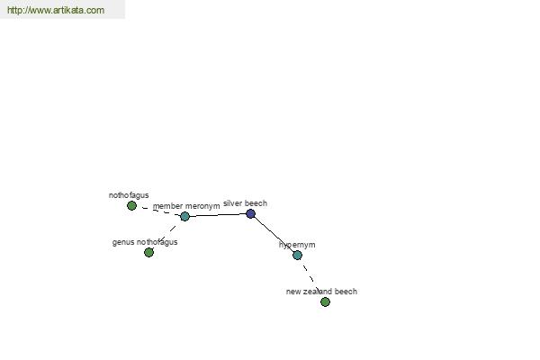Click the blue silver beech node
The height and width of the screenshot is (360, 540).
pos(251,214)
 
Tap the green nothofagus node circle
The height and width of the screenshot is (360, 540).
pos(131,206)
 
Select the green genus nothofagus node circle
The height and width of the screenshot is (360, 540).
pos(148,253)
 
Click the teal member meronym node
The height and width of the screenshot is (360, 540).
pos(184,216)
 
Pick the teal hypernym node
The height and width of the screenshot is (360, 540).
pos(297,256)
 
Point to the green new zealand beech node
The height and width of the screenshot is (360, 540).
pos(325,302)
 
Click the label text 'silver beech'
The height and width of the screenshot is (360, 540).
pos(245,203)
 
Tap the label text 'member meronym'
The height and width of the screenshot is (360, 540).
pos(186,206)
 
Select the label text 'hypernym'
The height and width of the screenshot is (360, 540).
pos(297,245)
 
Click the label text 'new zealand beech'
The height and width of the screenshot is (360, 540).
pos(321,292)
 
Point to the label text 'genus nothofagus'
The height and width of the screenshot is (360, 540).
pos(145,242)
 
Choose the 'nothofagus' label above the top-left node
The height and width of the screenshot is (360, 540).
pos(129,195)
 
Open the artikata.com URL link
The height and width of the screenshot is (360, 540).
pos(56,10)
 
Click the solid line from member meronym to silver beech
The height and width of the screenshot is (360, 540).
pos(218,215)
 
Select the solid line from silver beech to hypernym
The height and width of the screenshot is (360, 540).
pos(274,235)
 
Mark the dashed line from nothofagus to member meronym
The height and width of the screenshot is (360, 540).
pos(158,211)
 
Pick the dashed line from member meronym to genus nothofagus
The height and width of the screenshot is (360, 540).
pos(167,234)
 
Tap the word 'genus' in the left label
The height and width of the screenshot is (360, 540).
pos(123,243)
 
